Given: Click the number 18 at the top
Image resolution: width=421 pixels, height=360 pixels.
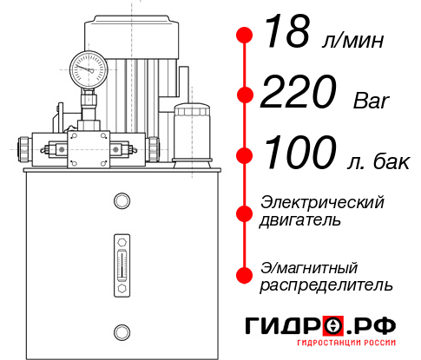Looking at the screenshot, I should pyautogui.click(x=287, y=32).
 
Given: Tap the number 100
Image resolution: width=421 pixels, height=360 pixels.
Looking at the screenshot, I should pyautogui.click(x=300, y=154).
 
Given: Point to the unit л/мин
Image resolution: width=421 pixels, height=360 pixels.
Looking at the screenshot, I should pyautogui.click(x=351, y=40).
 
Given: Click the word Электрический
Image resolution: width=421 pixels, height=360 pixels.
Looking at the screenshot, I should pyautogui.click(x=322, y=202).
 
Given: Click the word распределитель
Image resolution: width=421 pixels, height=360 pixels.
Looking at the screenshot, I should pyautogui.click(x=327, y=285).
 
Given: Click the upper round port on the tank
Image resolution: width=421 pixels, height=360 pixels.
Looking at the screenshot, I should pyautogui.click(x=122, y=201).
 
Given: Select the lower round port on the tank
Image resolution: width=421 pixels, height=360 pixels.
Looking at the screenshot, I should pyautogui.click(x=122, y=330).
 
